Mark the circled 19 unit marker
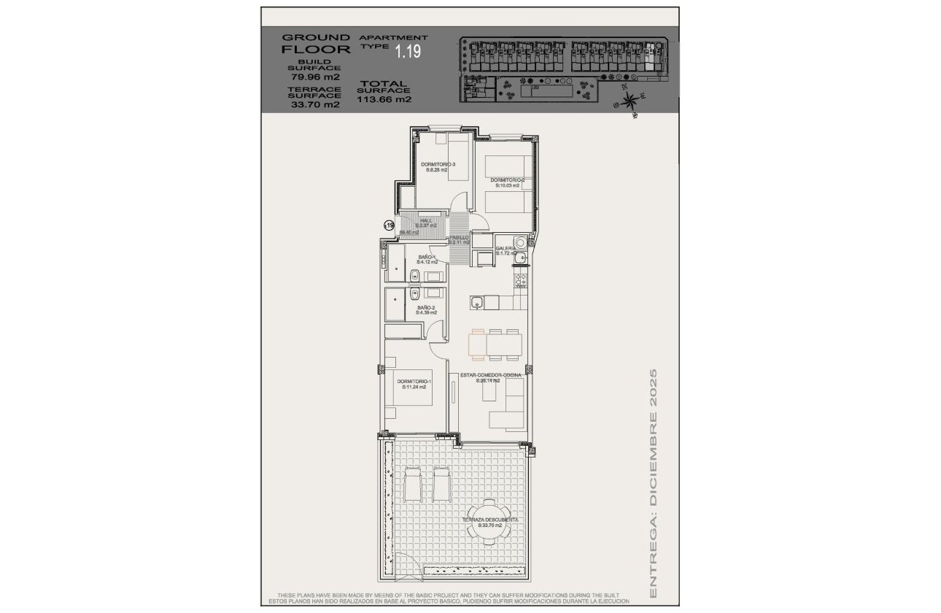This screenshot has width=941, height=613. [x=389, y=226]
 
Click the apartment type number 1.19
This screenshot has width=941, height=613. [x=408, y=51]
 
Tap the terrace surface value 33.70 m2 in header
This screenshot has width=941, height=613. [x=315, y=104]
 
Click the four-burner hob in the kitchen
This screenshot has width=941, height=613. [x=522, y=279]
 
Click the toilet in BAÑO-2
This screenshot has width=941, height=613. [x=412, y=293]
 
